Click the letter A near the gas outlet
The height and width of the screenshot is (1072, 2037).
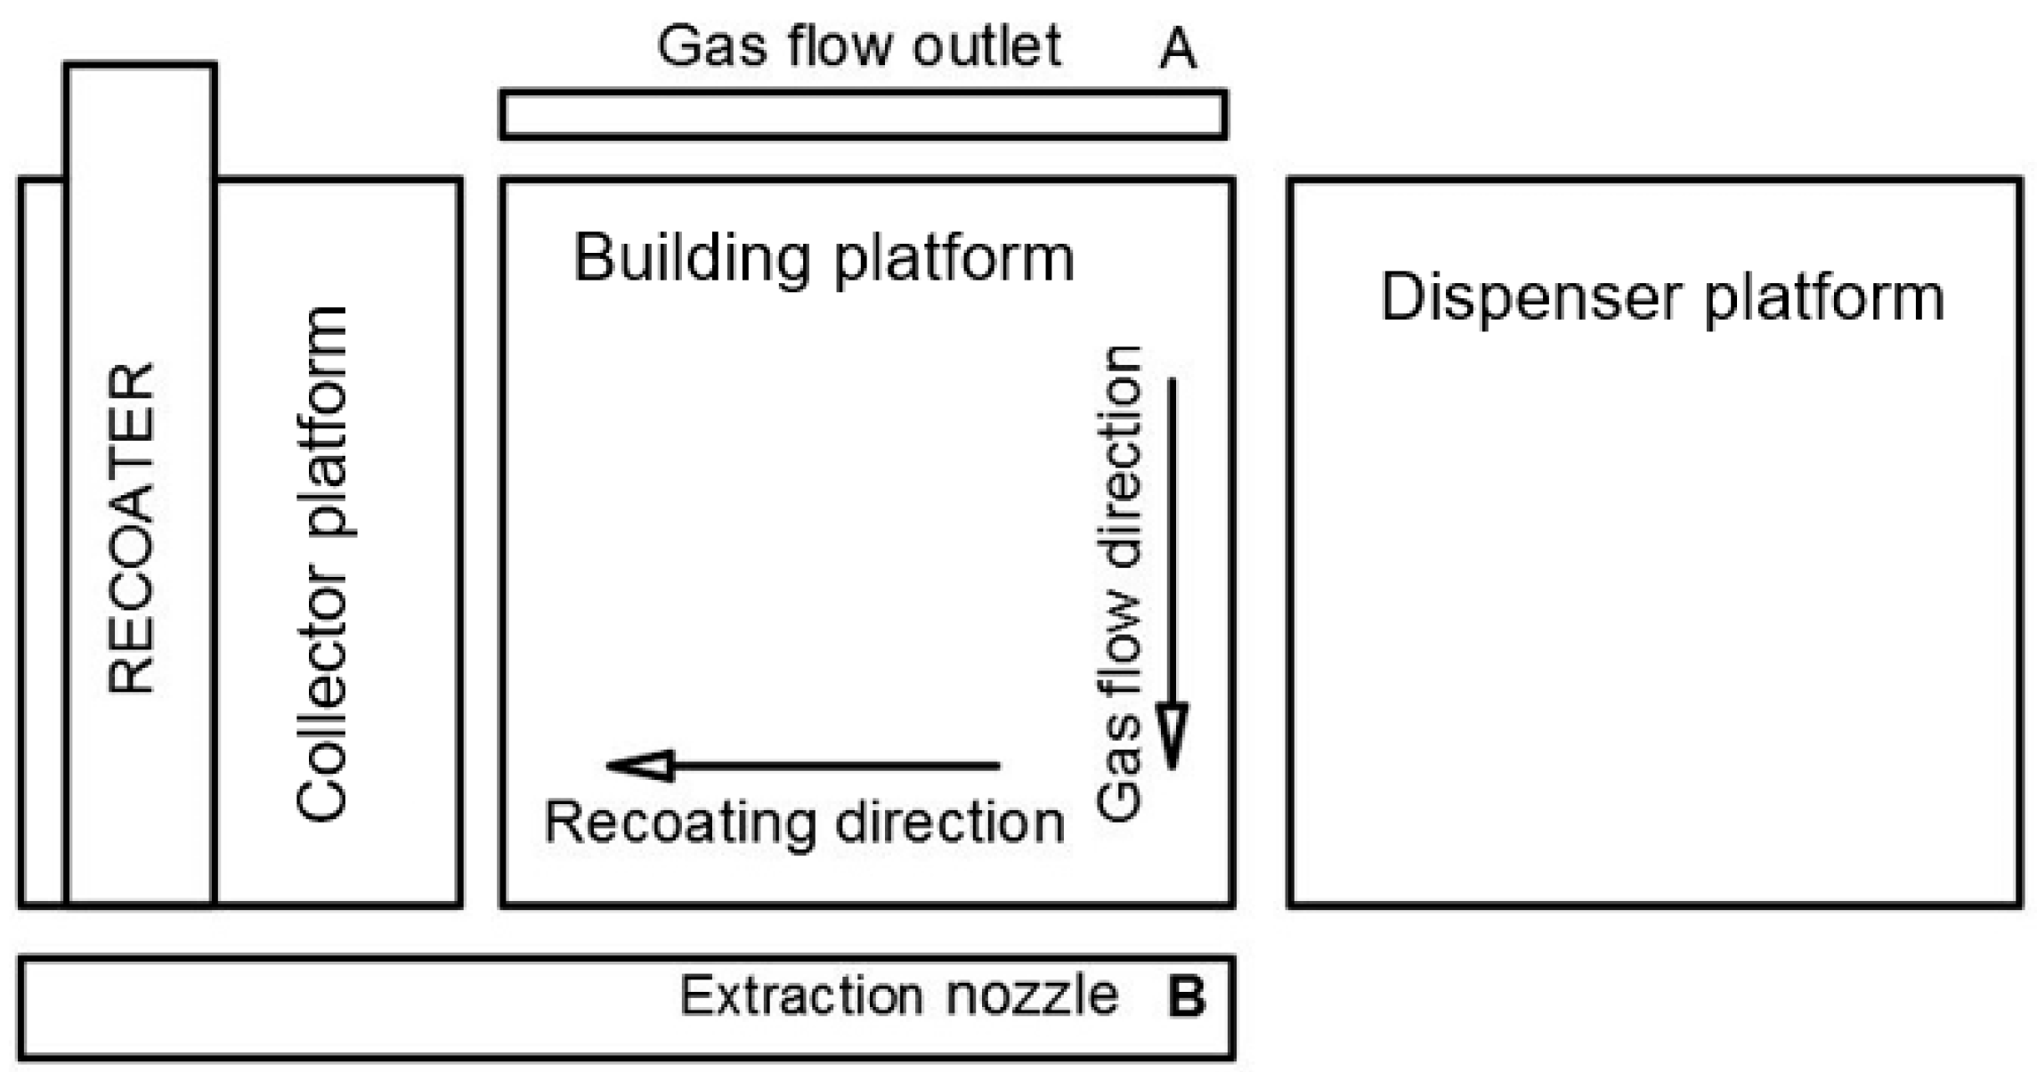1178,48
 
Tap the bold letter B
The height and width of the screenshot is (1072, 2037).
1187,996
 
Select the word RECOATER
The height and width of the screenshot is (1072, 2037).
131,527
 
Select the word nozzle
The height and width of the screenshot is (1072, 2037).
1032,996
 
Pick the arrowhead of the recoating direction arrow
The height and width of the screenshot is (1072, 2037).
638,765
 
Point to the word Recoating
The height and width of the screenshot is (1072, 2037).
679,823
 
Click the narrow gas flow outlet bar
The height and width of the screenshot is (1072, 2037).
864,115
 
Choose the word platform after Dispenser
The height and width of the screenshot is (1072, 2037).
1824,299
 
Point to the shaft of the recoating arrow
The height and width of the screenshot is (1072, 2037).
836,765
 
